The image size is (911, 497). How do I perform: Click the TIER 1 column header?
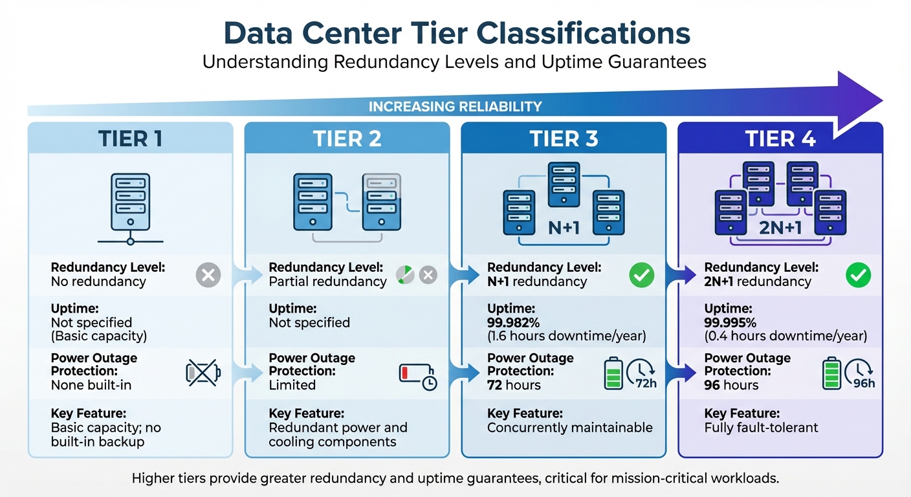(130, 138)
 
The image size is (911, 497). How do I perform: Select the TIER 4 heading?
(780, 138)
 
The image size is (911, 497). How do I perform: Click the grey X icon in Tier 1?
(208, 275)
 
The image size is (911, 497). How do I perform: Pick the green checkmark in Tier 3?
(641, 275)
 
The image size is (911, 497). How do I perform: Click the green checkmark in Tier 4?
(858, 275)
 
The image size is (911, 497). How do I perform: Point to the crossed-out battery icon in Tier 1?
(203, 372)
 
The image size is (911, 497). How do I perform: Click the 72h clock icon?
(641, 374)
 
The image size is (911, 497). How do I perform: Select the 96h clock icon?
(861, 374)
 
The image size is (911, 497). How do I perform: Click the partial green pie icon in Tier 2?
(405, 275)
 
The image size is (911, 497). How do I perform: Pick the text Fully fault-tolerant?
(761, 428)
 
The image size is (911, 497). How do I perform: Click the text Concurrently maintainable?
(569, 428)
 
